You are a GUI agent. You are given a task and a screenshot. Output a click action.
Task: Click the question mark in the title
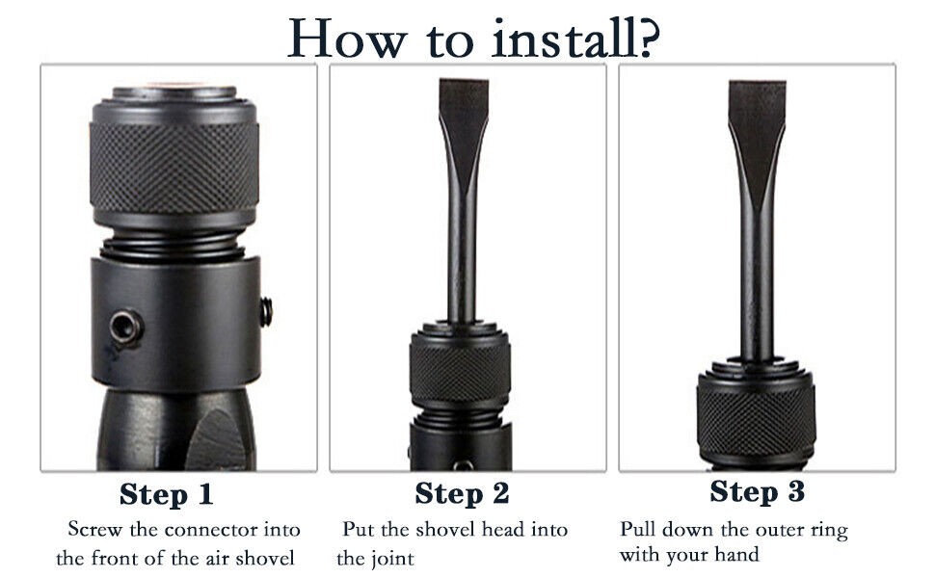[645, 37]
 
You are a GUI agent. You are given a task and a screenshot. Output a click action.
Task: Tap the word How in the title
[347, 39]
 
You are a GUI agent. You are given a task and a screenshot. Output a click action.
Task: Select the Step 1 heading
[166, 494]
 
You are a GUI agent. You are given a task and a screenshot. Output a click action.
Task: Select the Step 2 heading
[462, 494]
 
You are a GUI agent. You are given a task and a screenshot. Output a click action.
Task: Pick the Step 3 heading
[757, 492]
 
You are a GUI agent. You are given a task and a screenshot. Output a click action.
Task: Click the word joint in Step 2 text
[392, 559]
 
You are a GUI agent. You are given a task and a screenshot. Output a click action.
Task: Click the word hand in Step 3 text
[737, 555]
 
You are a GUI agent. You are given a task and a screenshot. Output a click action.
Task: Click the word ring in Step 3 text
[829, 532]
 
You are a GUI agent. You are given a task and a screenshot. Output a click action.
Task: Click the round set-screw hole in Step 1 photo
[126, 327]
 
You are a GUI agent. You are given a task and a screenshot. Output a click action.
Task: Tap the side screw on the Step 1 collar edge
[266, 312]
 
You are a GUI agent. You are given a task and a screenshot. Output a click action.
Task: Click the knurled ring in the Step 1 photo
[174, 167]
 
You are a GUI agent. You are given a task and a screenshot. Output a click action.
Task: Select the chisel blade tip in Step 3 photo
[757, 83]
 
